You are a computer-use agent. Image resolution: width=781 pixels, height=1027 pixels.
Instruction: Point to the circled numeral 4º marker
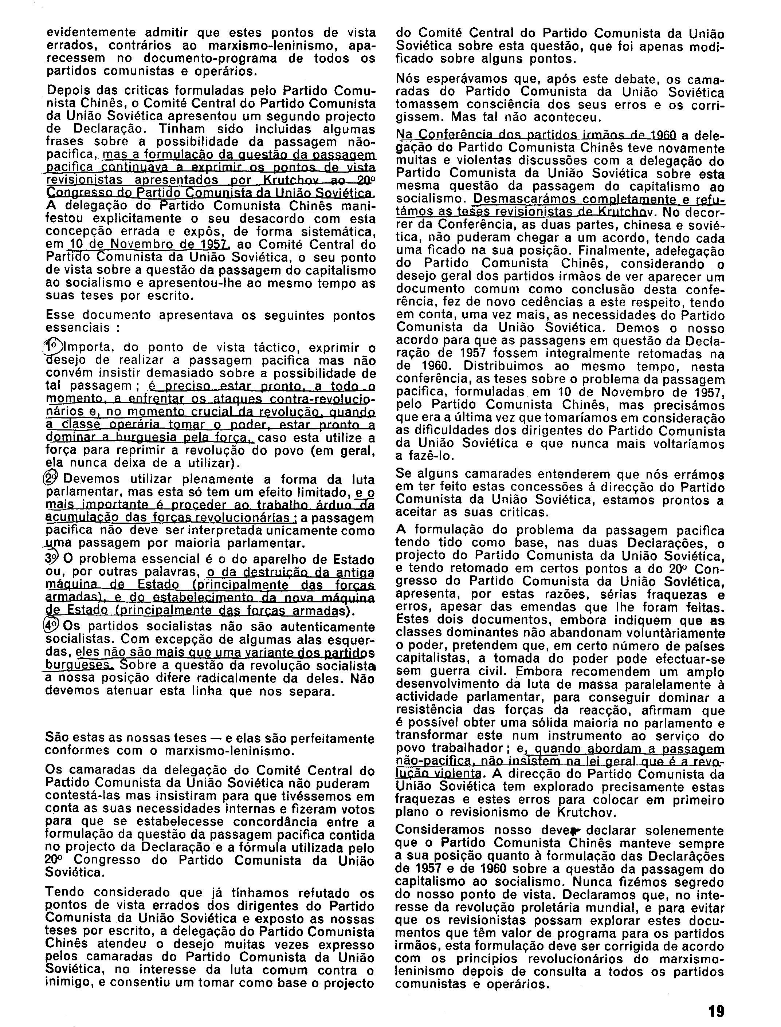point(51,626)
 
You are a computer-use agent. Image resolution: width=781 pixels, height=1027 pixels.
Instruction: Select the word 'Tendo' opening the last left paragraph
point(66,892)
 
